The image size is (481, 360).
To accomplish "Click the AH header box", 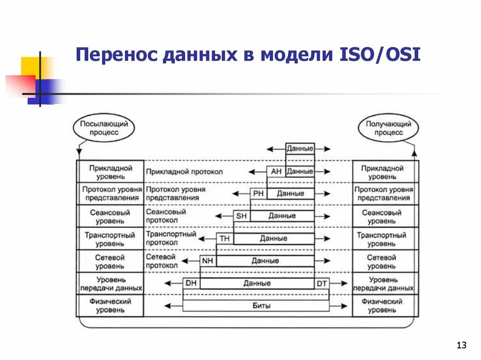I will click(x=276, y=171).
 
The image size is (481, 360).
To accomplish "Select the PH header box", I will click(x=258, y=193).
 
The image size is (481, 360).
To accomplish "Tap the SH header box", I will click(x=241, y=216).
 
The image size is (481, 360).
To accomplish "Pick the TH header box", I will click(x=225, y=238).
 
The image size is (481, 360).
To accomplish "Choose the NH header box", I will click(x=208, y=260).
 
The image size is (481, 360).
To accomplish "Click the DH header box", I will click(x=191, y=283).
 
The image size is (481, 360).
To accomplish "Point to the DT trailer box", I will click(x=322, y=283).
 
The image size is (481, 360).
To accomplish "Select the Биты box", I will click(x=256, y=306).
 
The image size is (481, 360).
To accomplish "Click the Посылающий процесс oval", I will click(x=104, y=128).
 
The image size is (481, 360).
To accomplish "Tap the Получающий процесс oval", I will click(x=388, y=128).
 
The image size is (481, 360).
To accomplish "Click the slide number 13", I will click(x=461, y=346).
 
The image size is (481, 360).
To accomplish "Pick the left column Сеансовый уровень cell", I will click(x=110, y=216).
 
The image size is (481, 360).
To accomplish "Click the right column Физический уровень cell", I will click(x=384, y=306).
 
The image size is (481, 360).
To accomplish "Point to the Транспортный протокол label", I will click(x=171, y=238).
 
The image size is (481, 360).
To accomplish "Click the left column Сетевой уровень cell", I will click(x=110, y=261).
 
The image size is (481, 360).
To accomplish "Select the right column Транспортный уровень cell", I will click(x=384, y=239).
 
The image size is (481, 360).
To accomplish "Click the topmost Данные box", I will click(x=300, y=149).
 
